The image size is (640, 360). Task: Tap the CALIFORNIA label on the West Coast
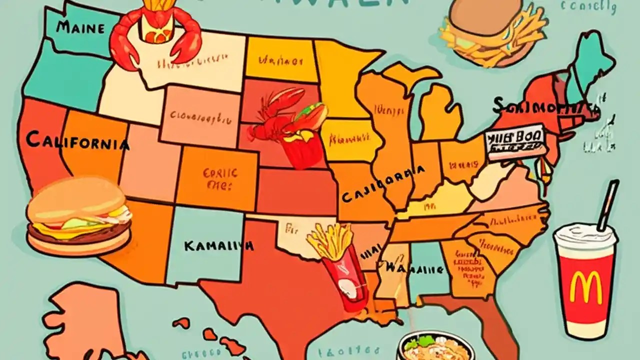77,141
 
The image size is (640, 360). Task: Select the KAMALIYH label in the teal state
218,245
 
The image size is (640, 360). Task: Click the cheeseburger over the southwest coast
79,216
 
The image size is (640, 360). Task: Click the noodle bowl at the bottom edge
435,345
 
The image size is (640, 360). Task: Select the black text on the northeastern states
545,106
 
